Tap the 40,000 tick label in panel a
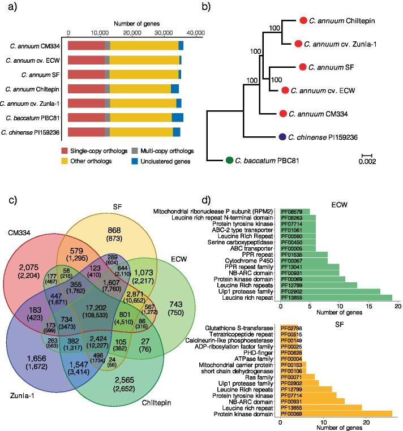coord(195,33)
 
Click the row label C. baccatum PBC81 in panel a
coord(35,118)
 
